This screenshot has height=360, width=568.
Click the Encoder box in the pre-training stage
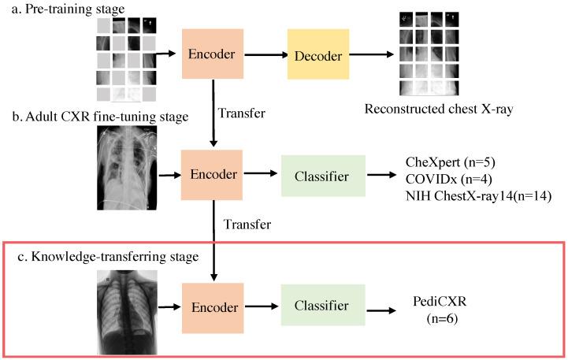tap(213, 57)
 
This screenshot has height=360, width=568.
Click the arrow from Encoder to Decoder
tap(259, 57)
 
